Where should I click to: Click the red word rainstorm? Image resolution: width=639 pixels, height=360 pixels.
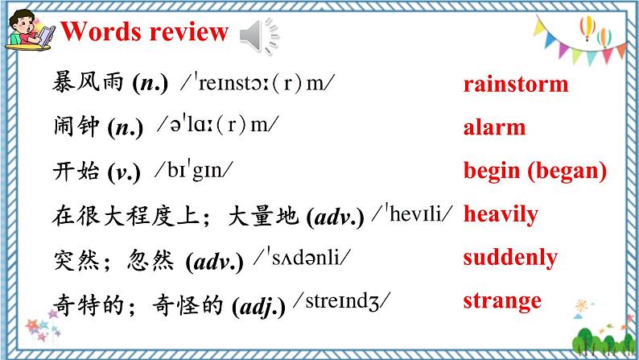click(515, 84)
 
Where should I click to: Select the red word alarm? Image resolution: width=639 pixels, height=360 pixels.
click(494, 127)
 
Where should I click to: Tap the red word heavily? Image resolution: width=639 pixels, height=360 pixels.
click(501, 214)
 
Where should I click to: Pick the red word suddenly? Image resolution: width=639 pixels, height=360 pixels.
click(509, 258)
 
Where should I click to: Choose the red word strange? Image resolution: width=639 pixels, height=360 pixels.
click(502, 301)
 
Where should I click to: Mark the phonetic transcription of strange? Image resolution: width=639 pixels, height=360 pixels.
click(340, 302)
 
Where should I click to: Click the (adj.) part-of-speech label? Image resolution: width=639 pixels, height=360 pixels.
click(258, 306)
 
